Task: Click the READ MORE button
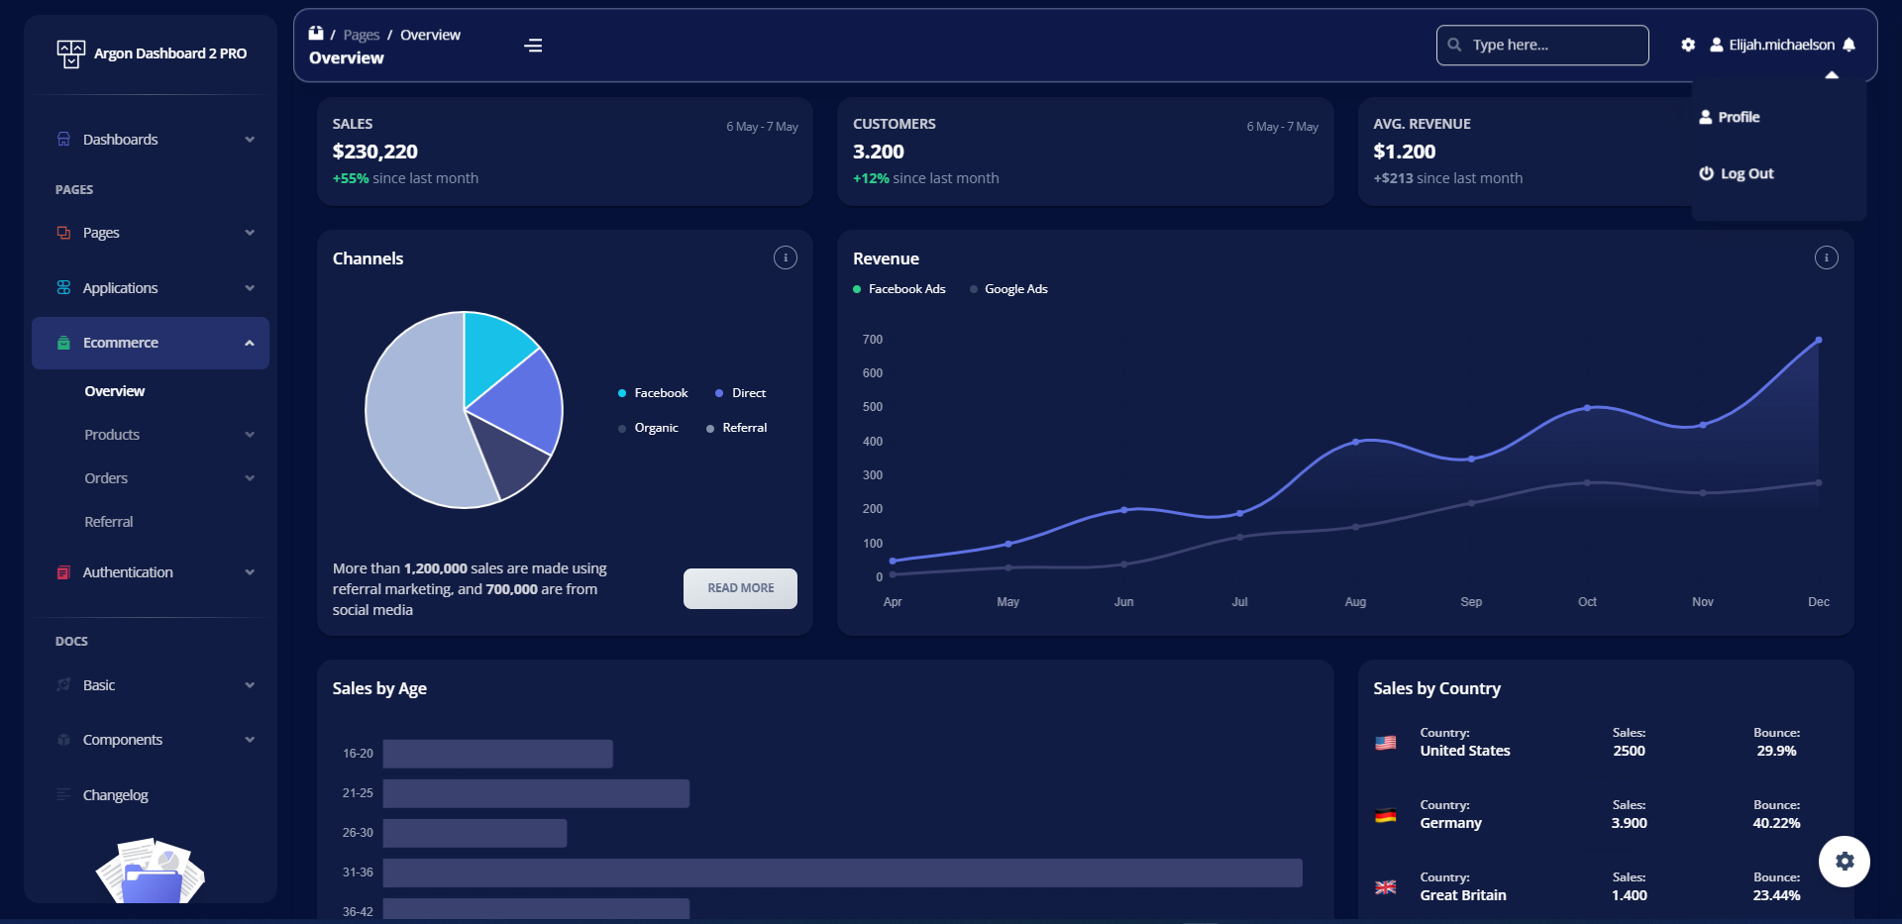[740, 588]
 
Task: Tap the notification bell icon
[1849, 45]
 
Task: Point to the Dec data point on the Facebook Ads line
[1818, 341]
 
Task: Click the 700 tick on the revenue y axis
[872, 340]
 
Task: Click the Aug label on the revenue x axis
[1354, 602]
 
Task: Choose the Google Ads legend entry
[1014, 289]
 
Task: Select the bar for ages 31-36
[842, 873]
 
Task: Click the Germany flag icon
[1385, 815]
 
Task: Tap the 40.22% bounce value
[1775, 823]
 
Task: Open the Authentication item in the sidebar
[128, 572]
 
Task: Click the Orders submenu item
[106, 478]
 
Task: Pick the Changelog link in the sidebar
[115, 795]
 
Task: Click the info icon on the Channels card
[785, 257]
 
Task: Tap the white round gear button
[1844, 861]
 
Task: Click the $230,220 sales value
[374, 152]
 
